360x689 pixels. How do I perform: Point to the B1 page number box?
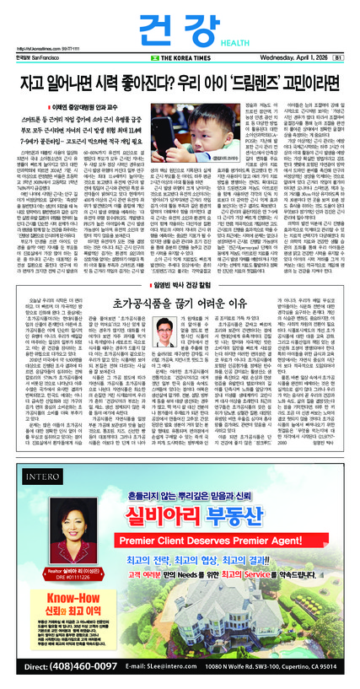pyautogui.click(x=339, y=57)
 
